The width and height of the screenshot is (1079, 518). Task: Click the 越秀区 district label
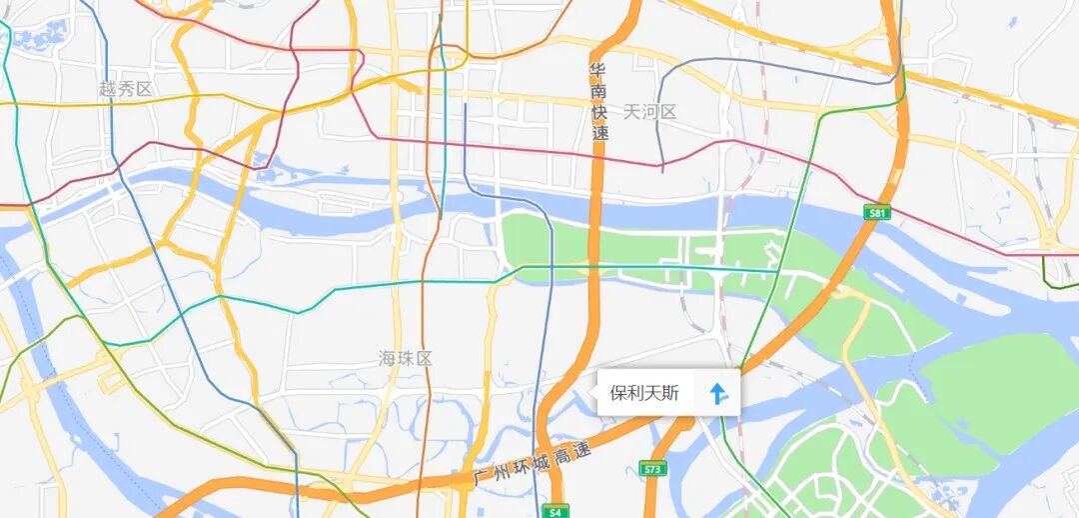126,89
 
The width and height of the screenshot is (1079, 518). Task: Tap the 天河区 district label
650,112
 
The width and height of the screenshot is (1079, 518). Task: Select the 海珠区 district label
406,358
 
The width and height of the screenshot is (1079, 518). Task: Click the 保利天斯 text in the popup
644,393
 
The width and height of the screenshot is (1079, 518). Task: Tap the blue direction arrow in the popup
718,393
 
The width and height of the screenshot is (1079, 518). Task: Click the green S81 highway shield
877,212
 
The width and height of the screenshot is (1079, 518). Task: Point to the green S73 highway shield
653,468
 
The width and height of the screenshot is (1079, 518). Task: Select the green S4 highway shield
556,511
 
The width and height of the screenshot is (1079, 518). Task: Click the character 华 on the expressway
598,70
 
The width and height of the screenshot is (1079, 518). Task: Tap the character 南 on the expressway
598,91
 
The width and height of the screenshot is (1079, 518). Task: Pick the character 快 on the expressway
599,112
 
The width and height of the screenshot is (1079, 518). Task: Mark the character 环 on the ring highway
525,467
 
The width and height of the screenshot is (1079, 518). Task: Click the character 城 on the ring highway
544,461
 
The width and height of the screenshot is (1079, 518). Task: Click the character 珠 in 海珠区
406,358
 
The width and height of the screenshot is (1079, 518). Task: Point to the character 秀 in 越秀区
126,89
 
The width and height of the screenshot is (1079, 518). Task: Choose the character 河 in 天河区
650,112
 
